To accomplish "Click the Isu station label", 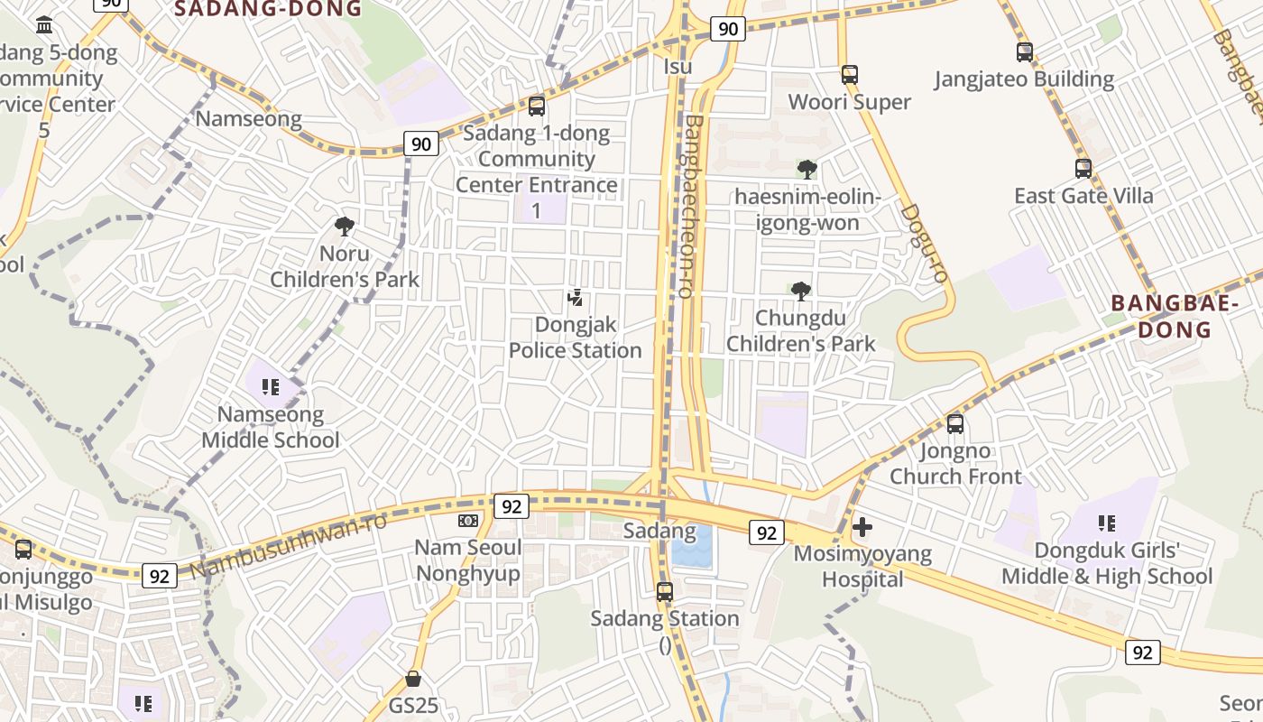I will (x=678, y=67).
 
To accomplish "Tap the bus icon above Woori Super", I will (x=849, y=74).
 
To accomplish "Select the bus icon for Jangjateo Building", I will (x=1024, y=52).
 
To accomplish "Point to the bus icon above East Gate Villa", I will (x=1083, y=168).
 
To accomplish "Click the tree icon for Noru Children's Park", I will (x=344, y=227).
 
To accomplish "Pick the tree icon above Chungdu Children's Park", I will (x=800, y=291).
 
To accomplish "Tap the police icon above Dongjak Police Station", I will (x=575, y=297).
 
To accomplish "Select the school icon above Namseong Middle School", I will (x=270, y=387).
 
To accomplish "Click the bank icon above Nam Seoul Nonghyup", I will (x=467, y=521).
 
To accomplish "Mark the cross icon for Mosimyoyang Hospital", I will (x=862, y=526).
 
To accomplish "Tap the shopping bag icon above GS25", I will (x=413, y=678).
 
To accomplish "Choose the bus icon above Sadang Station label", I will (x=665, y=592).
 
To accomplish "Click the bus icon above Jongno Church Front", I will (x=955, y=423).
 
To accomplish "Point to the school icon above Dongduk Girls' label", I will (x=1107, y=523).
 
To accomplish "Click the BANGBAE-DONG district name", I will (x=1174, y=316).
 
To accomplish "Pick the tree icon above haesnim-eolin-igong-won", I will (x=807, y=169).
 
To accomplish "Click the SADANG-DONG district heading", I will (x=267, y=9).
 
